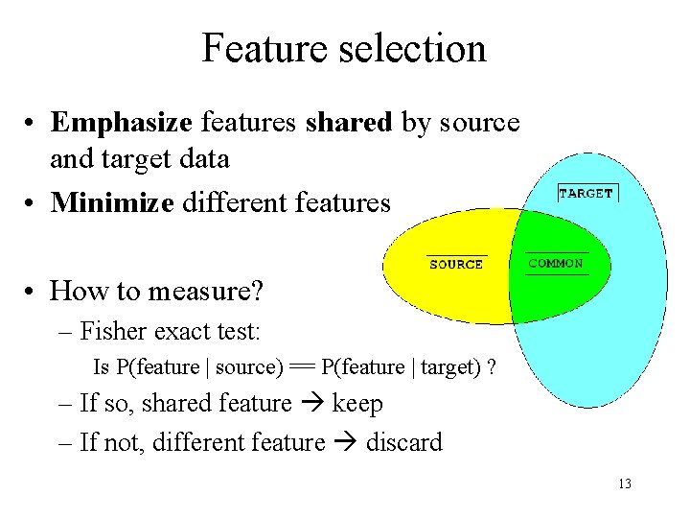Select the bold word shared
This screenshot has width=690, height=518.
point(349,123)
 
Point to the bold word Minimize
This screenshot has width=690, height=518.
point(112,202)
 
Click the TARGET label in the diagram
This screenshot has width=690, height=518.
point(586,193)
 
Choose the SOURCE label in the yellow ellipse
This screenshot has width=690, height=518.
point(456,265)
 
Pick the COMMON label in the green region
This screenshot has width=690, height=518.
point(556,264)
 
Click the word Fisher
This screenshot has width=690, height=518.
point(108,332)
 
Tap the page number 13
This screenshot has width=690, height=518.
point(625,483)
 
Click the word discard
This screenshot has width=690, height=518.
point(404,443)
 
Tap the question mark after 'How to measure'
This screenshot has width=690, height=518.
point(258,290)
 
